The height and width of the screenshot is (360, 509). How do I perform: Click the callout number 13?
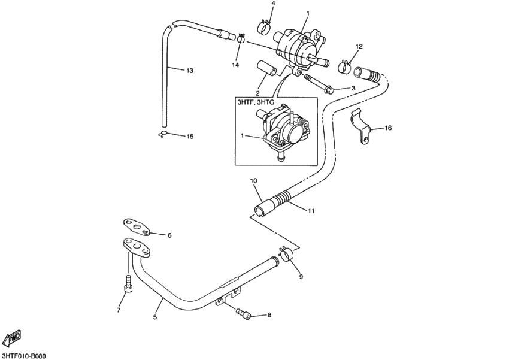[190, 71]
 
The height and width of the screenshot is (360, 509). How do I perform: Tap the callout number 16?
[388, 128]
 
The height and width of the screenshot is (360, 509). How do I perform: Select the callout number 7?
[118, 310]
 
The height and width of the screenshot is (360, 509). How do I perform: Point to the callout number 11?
[311, 211]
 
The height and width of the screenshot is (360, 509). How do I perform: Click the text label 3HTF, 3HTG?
[256, 103]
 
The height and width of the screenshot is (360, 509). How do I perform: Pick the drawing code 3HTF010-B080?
[24, 355]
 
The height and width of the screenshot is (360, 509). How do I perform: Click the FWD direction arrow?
[13, 338]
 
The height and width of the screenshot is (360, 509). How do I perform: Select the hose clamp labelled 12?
[344, 65]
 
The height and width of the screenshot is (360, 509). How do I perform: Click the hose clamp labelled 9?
[286, 253]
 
